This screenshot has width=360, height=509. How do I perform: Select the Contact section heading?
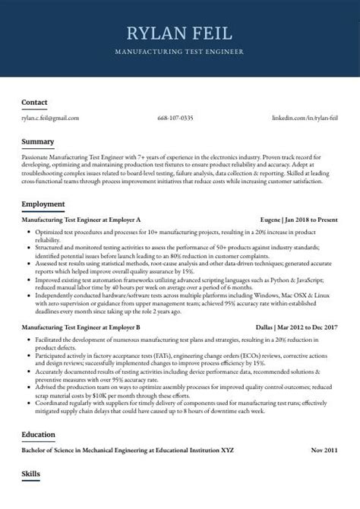click(35, 102)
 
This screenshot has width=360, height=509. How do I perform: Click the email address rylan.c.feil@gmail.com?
click(50, 118)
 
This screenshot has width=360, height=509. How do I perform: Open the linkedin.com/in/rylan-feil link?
click(305, 118)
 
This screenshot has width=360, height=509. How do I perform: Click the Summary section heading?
click(38, 141)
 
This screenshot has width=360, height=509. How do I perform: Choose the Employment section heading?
click(43, 204)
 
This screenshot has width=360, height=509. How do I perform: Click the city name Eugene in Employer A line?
click(267, 219)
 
